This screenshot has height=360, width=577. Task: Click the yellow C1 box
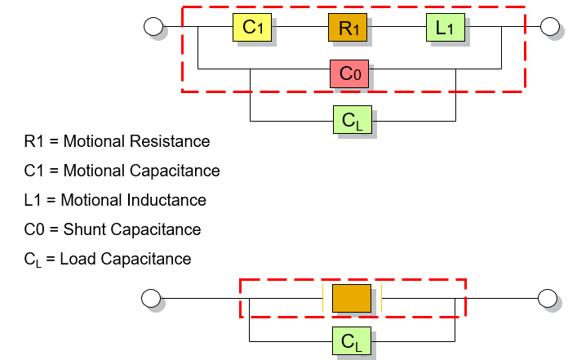[x=252, y=27]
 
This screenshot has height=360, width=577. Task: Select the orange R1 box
[x=348, y=27]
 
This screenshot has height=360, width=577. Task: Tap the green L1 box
[x=445, y=27]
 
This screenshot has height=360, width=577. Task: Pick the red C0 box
[x=350, y=73]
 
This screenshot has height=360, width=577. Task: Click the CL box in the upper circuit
[x=353, y=120]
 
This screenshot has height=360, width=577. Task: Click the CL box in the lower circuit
[x=352, y=340]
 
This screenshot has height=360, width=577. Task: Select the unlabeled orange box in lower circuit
[x=352, y=296]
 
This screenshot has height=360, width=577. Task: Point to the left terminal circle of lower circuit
[x=150, y=297]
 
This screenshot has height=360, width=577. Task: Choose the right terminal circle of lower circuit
[x=547, y=297]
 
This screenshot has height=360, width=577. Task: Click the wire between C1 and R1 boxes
[x=300, y=27]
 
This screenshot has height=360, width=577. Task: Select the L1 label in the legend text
[x=33, y=200]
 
